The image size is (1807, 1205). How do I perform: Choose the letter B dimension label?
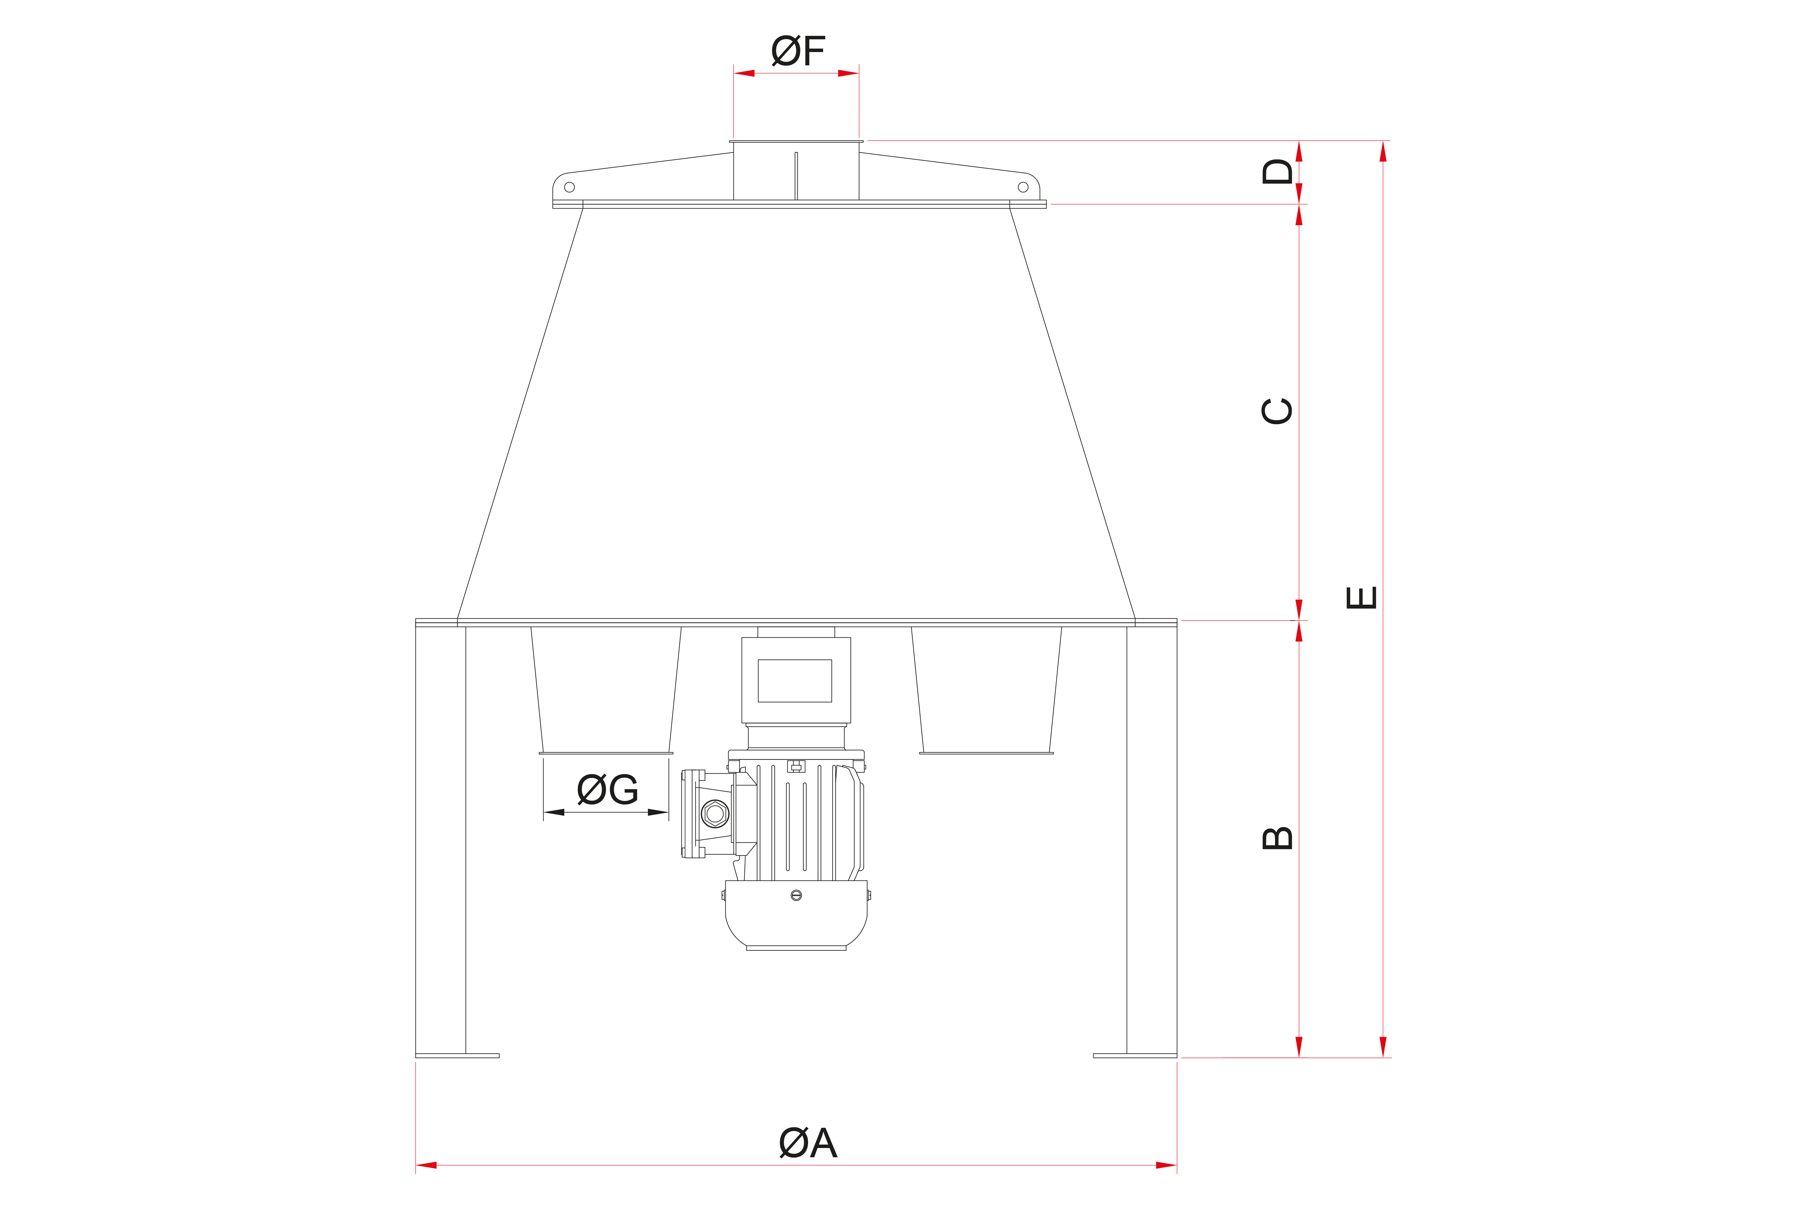tap(1278, 838)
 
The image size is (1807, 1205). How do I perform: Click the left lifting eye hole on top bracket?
tap(569, 187)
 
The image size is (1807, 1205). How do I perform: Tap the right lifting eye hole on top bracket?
tap(1023, 187)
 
